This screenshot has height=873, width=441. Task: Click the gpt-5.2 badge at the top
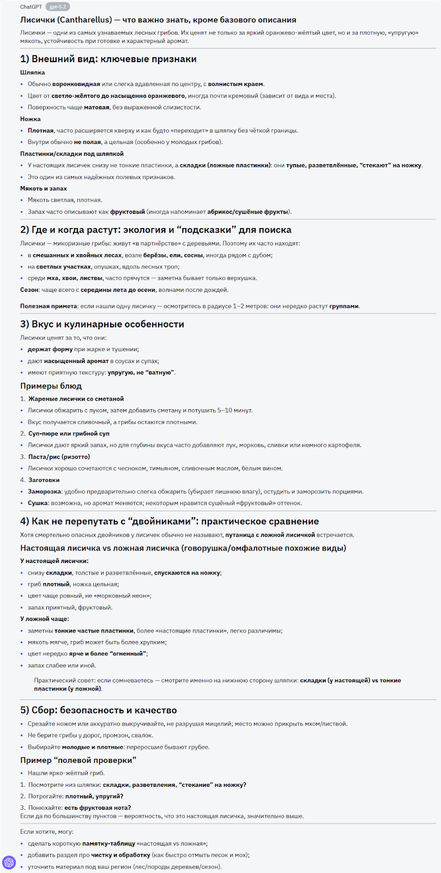[x=58, y=7]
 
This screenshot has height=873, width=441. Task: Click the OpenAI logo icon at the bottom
[x=9, y=862]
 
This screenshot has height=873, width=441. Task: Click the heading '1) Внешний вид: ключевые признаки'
[x=108, y=59]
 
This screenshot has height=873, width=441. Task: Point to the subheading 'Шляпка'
[x=33, y=73]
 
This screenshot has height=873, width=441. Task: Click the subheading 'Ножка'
[x=31, y=119]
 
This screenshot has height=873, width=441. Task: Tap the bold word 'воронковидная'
[x=76, y=84]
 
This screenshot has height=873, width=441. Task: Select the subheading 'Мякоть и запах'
[x=44, y=188]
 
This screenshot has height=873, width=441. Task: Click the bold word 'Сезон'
[x=29, y=290]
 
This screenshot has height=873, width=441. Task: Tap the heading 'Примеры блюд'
[x=51, y=386]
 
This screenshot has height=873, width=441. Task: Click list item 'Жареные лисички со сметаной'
[x=76, y=399]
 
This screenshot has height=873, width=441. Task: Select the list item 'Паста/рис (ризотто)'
[x=59, y=457]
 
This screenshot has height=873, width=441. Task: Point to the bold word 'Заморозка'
[x=44, y=492]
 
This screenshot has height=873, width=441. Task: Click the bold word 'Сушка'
[x=38, y=503]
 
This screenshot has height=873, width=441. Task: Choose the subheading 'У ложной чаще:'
[x=45, y=619]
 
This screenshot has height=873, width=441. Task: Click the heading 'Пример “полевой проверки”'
[x=78, y=760]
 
